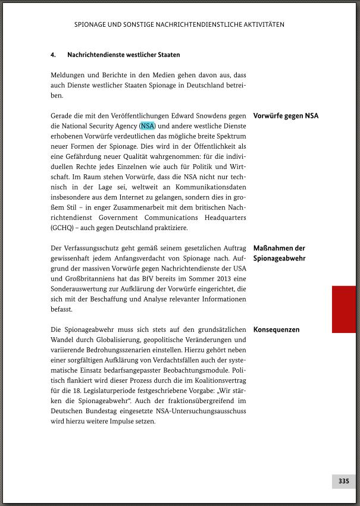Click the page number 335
coord(343,481)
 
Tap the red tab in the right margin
coord(343,309)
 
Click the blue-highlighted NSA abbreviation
coord(147,126)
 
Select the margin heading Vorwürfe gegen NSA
coord(286,116)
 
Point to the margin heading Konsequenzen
coord(276,329)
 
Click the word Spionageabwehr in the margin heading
coord(279,259)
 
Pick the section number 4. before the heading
coord(53,55)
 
